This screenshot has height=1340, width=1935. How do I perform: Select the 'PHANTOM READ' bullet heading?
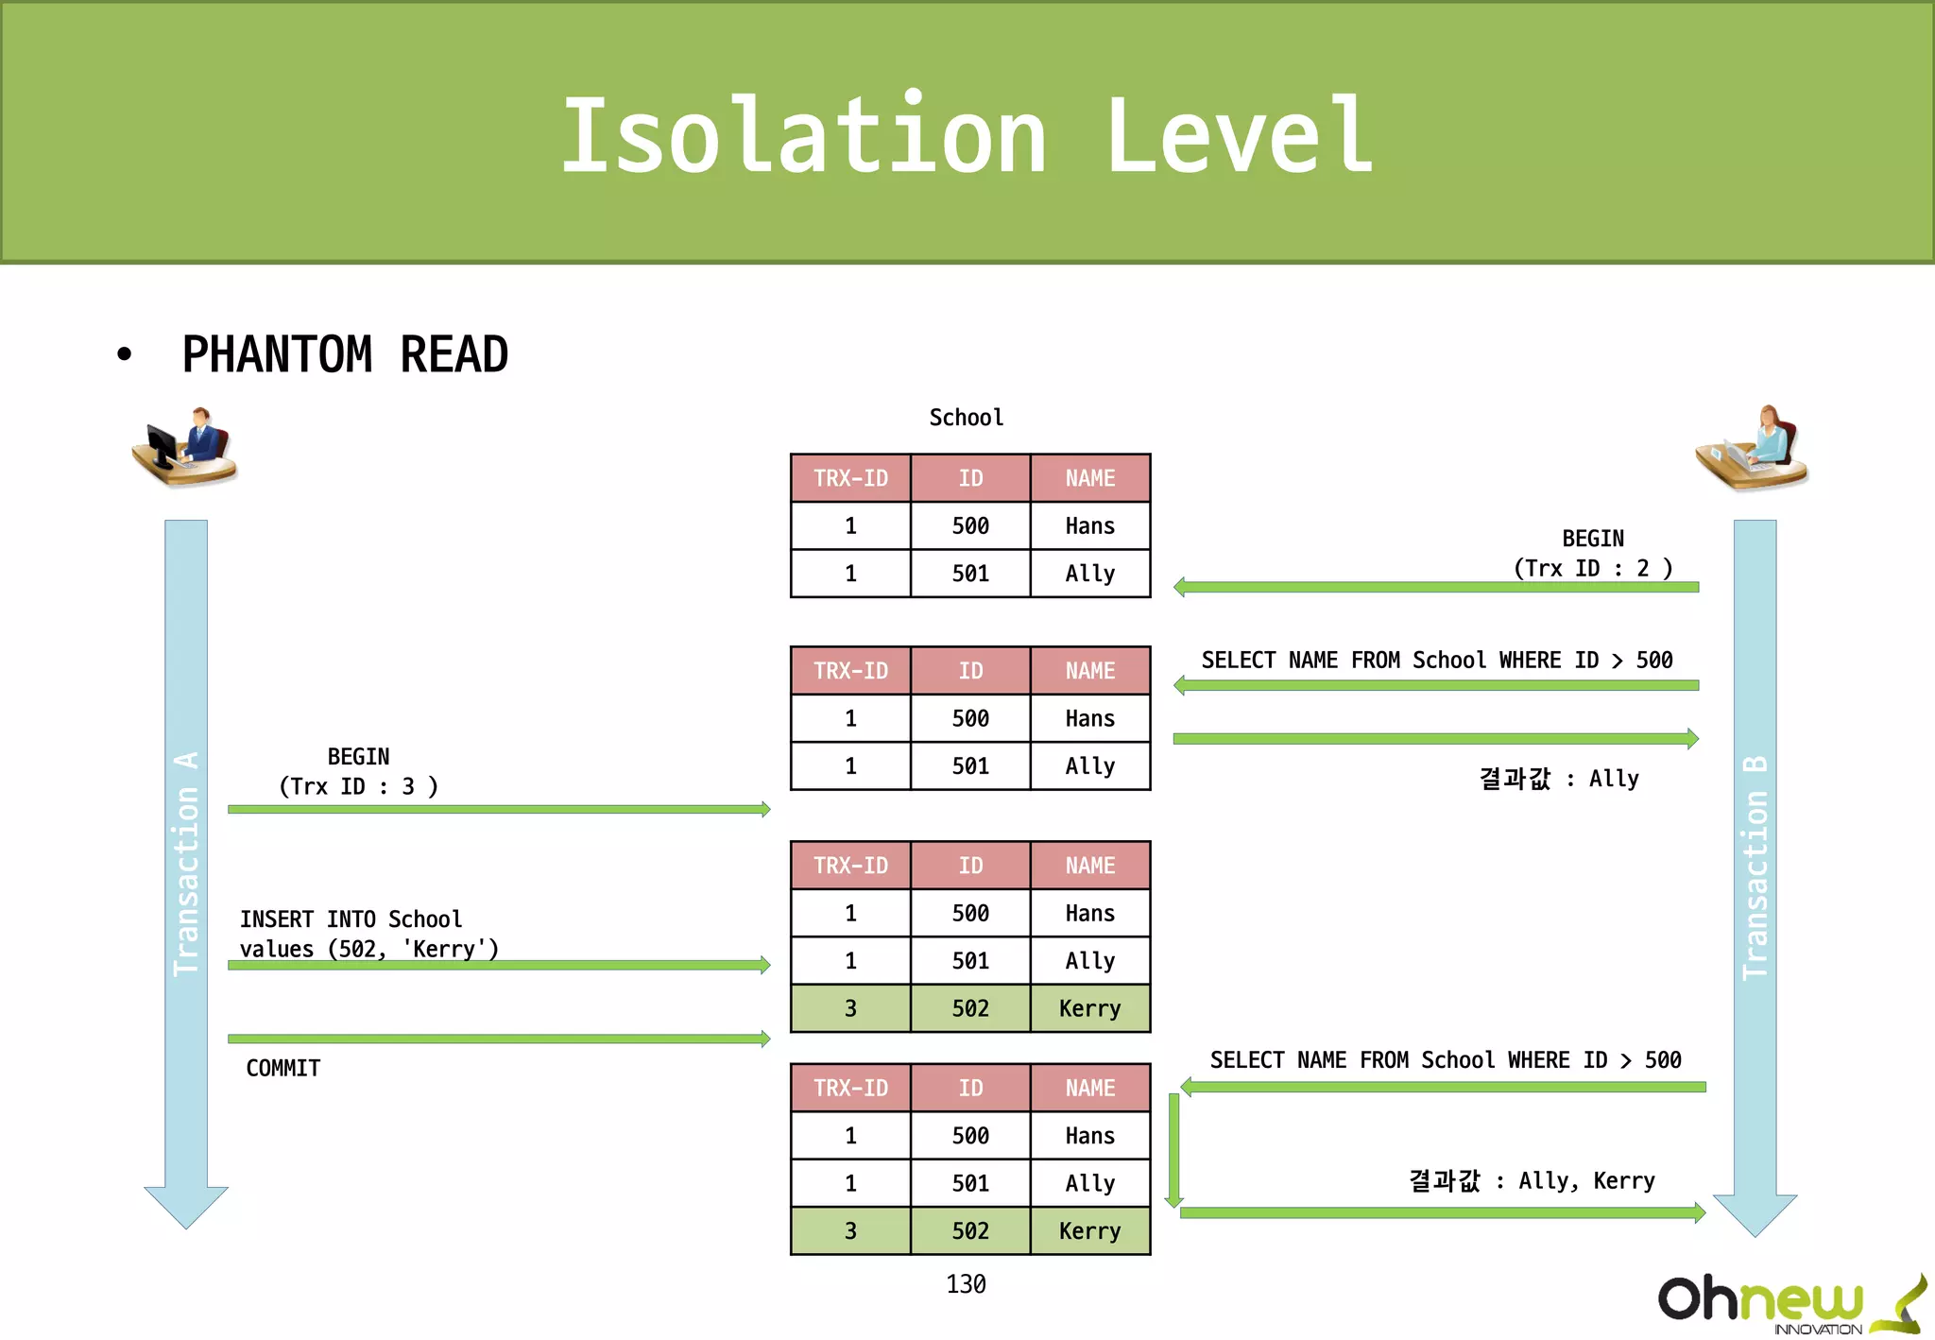(345, 355)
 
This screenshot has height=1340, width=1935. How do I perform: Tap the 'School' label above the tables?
(966, 418)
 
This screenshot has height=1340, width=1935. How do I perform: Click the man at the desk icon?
(185, 447)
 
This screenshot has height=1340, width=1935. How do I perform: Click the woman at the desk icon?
(1753, 449)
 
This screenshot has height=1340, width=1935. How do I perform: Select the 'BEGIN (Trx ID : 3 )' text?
(358, 771)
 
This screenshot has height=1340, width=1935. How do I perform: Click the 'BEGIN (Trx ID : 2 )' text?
(1593, 553)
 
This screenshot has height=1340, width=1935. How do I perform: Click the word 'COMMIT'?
(283, 1068)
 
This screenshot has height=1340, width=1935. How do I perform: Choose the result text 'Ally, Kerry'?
(1586, 1180)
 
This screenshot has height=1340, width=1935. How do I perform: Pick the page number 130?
(966, 1283)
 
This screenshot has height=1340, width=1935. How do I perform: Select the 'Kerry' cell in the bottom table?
(1089, 1230)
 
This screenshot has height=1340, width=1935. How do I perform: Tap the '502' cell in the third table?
(970, 1008)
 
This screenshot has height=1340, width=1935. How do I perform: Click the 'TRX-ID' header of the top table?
(850, 478)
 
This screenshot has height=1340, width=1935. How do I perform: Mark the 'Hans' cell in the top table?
(1089, 525)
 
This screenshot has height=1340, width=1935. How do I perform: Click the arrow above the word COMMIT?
(499, 1039)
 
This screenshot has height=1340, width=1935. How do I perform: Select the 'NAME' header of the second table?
(1089, 671)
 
